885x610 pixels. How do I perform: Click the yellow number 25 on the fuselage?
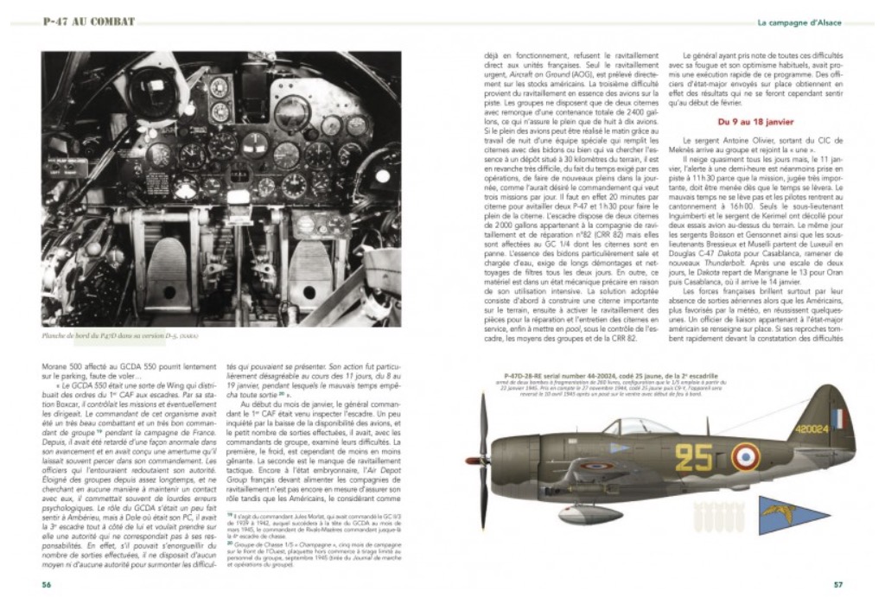click(x=694, y=457)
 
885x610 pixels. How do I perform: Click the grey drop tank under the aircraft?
click(x=591, y=514)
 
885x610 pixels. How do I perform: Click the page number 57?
click(x=837, y=583)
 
